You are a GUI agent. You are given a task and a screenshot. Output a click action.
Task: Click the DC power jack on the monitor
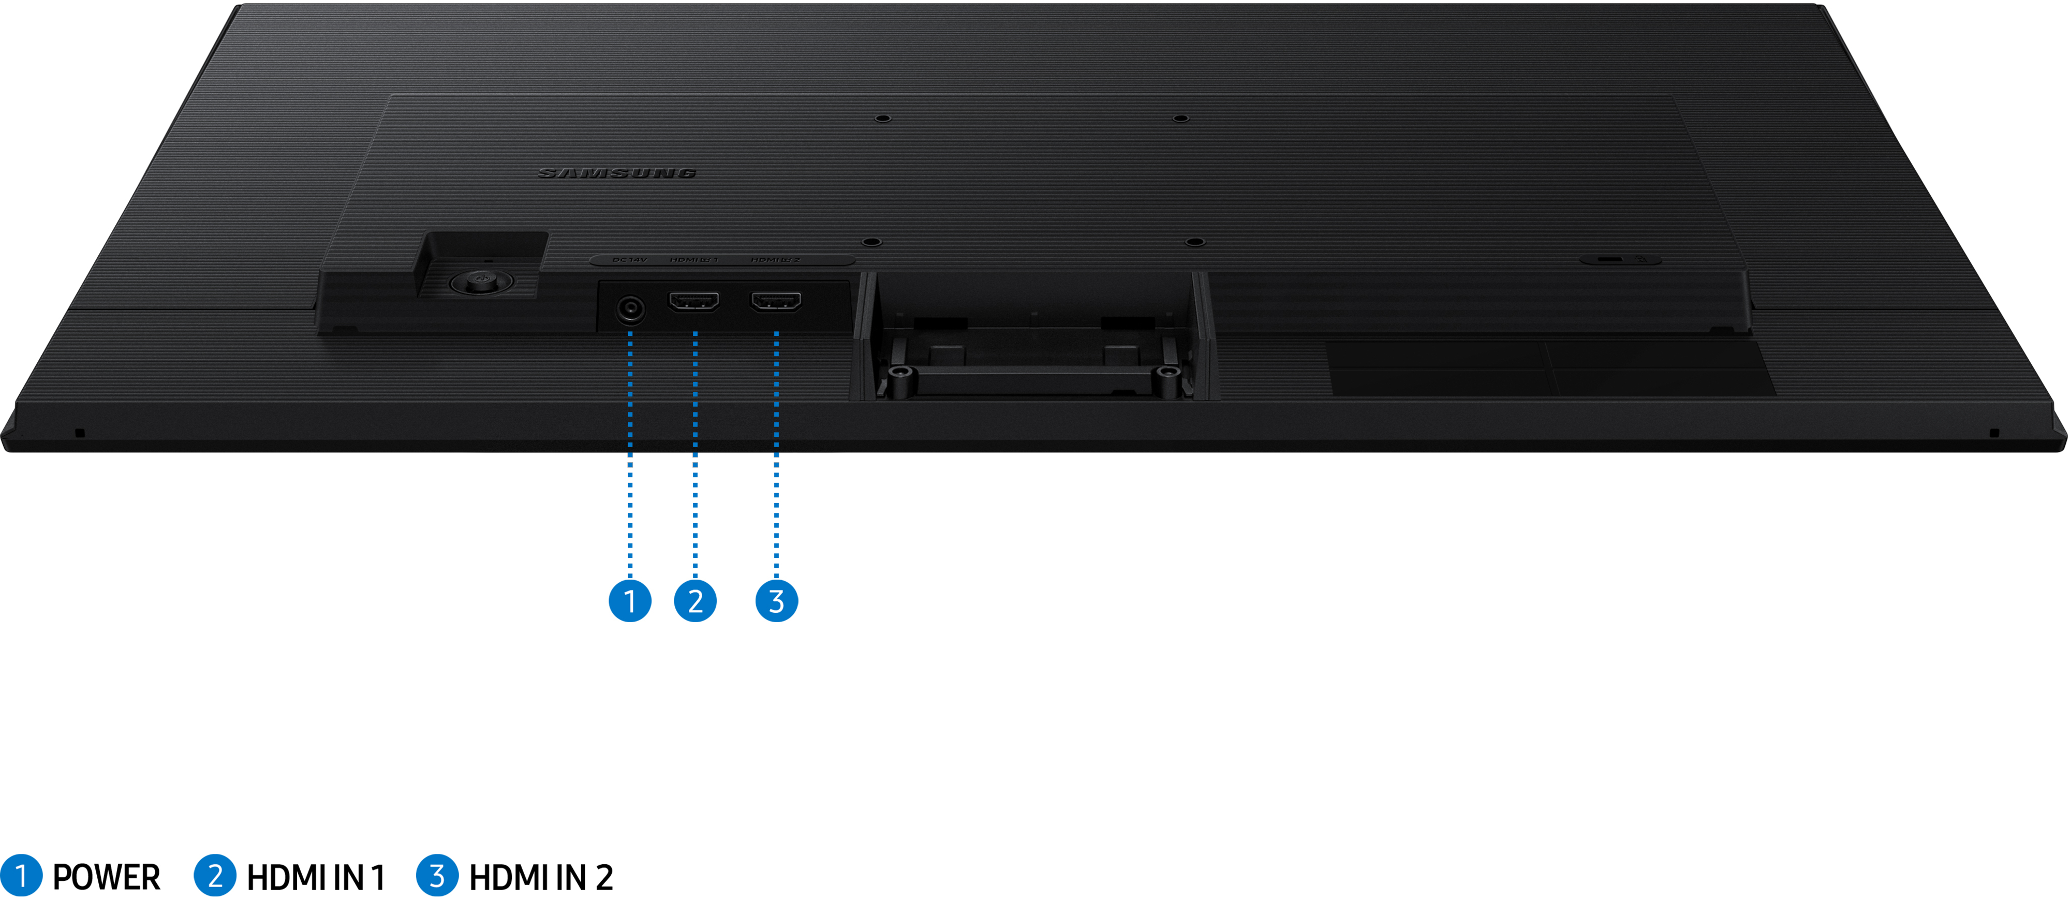[629, 308]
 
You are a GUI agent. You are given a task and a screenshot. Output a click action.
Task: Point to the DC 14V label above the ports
[629, 260]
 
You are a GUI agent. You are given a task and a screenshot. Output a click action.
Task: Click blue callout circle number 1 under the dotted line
[629, 601]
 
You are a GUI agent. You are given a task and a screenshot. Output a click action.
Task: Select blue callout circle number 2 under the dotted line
[695, 601]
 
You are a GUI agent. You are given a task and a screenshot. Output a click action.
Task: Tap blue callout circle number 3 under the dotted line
[776, 601]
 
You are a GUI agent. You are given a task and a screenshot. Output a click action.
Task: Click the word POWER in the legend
[106, 877]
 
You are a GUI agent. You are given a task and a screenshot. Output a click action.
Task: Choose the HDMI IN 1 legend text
[316, 877]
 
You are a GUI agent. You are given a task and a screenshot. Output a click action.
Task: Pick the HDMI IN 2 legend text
[541, 877]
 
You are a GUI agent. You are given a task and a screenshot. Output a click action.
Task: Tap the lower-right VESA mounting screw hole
[1195, 241]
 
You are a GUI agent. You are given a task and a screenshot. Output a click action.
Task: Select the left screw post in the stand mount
[901, 373]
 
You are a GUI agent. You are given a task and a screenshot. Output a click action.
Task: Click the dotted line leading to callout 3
[776, 450]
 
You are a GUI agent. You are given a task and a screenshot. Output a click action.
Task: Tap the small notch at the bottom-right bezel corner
[1993, 433]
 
